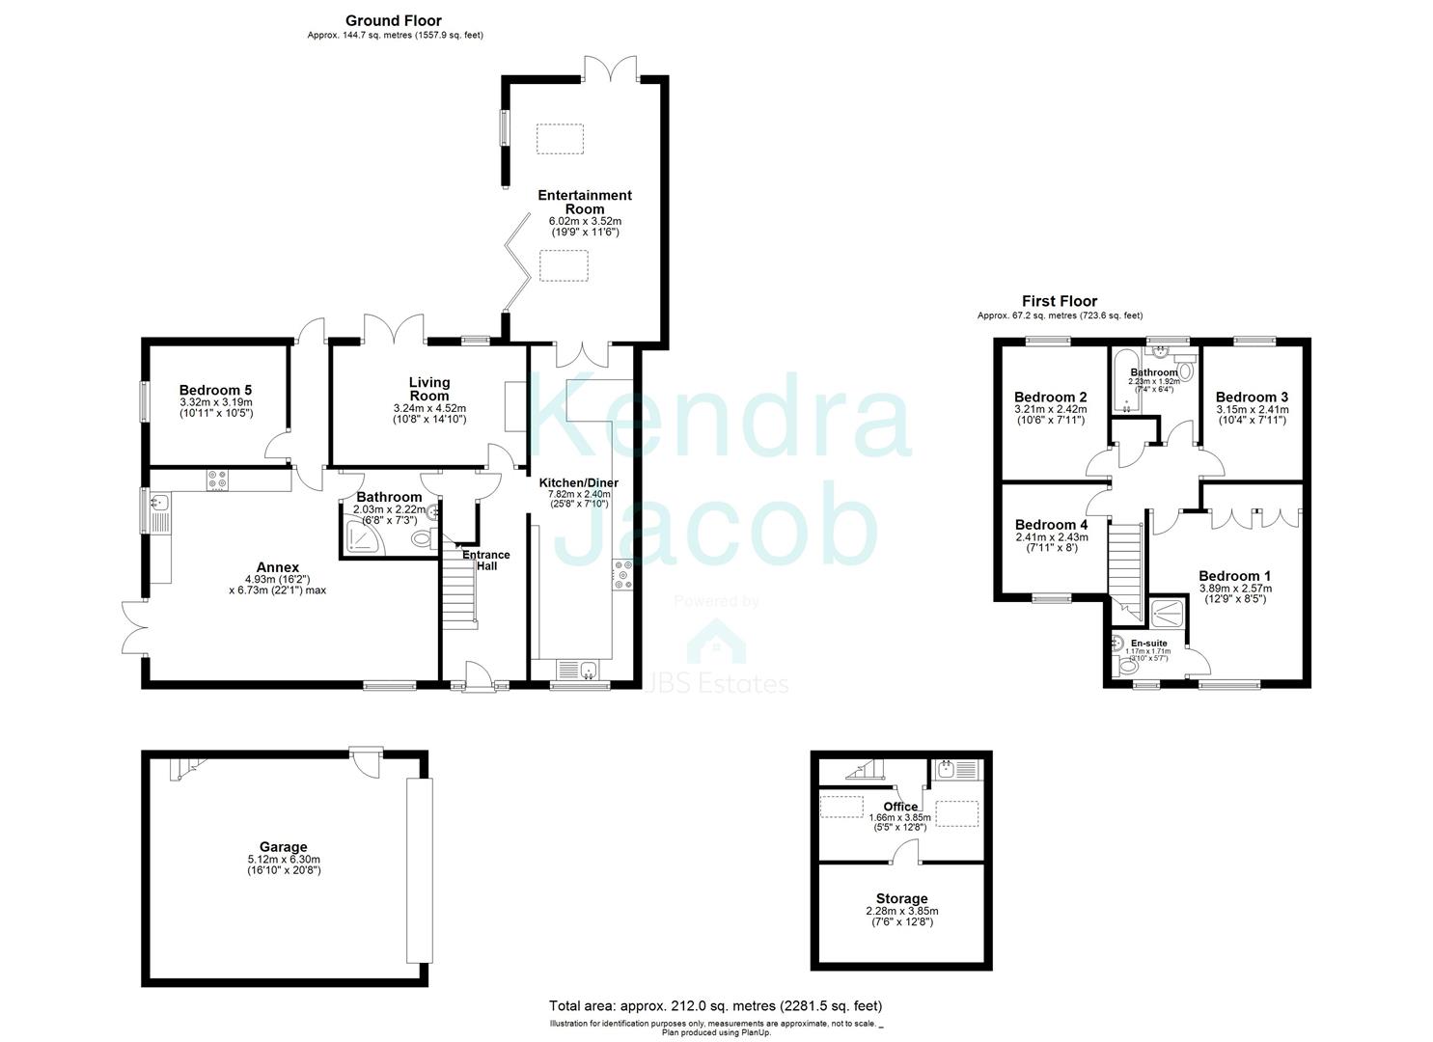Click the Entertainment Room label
585,202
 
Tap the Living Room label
429,389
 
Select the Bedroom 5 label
215,390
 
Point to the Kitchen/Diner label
578,482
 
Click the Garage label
282,847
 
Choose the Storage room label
902,898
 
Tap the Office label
900,807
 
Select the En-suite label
1148,643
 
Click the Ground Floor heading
394,20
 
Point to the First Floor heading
1060,301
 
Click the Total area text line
715,1005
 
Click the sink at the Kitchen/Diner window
579,670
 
